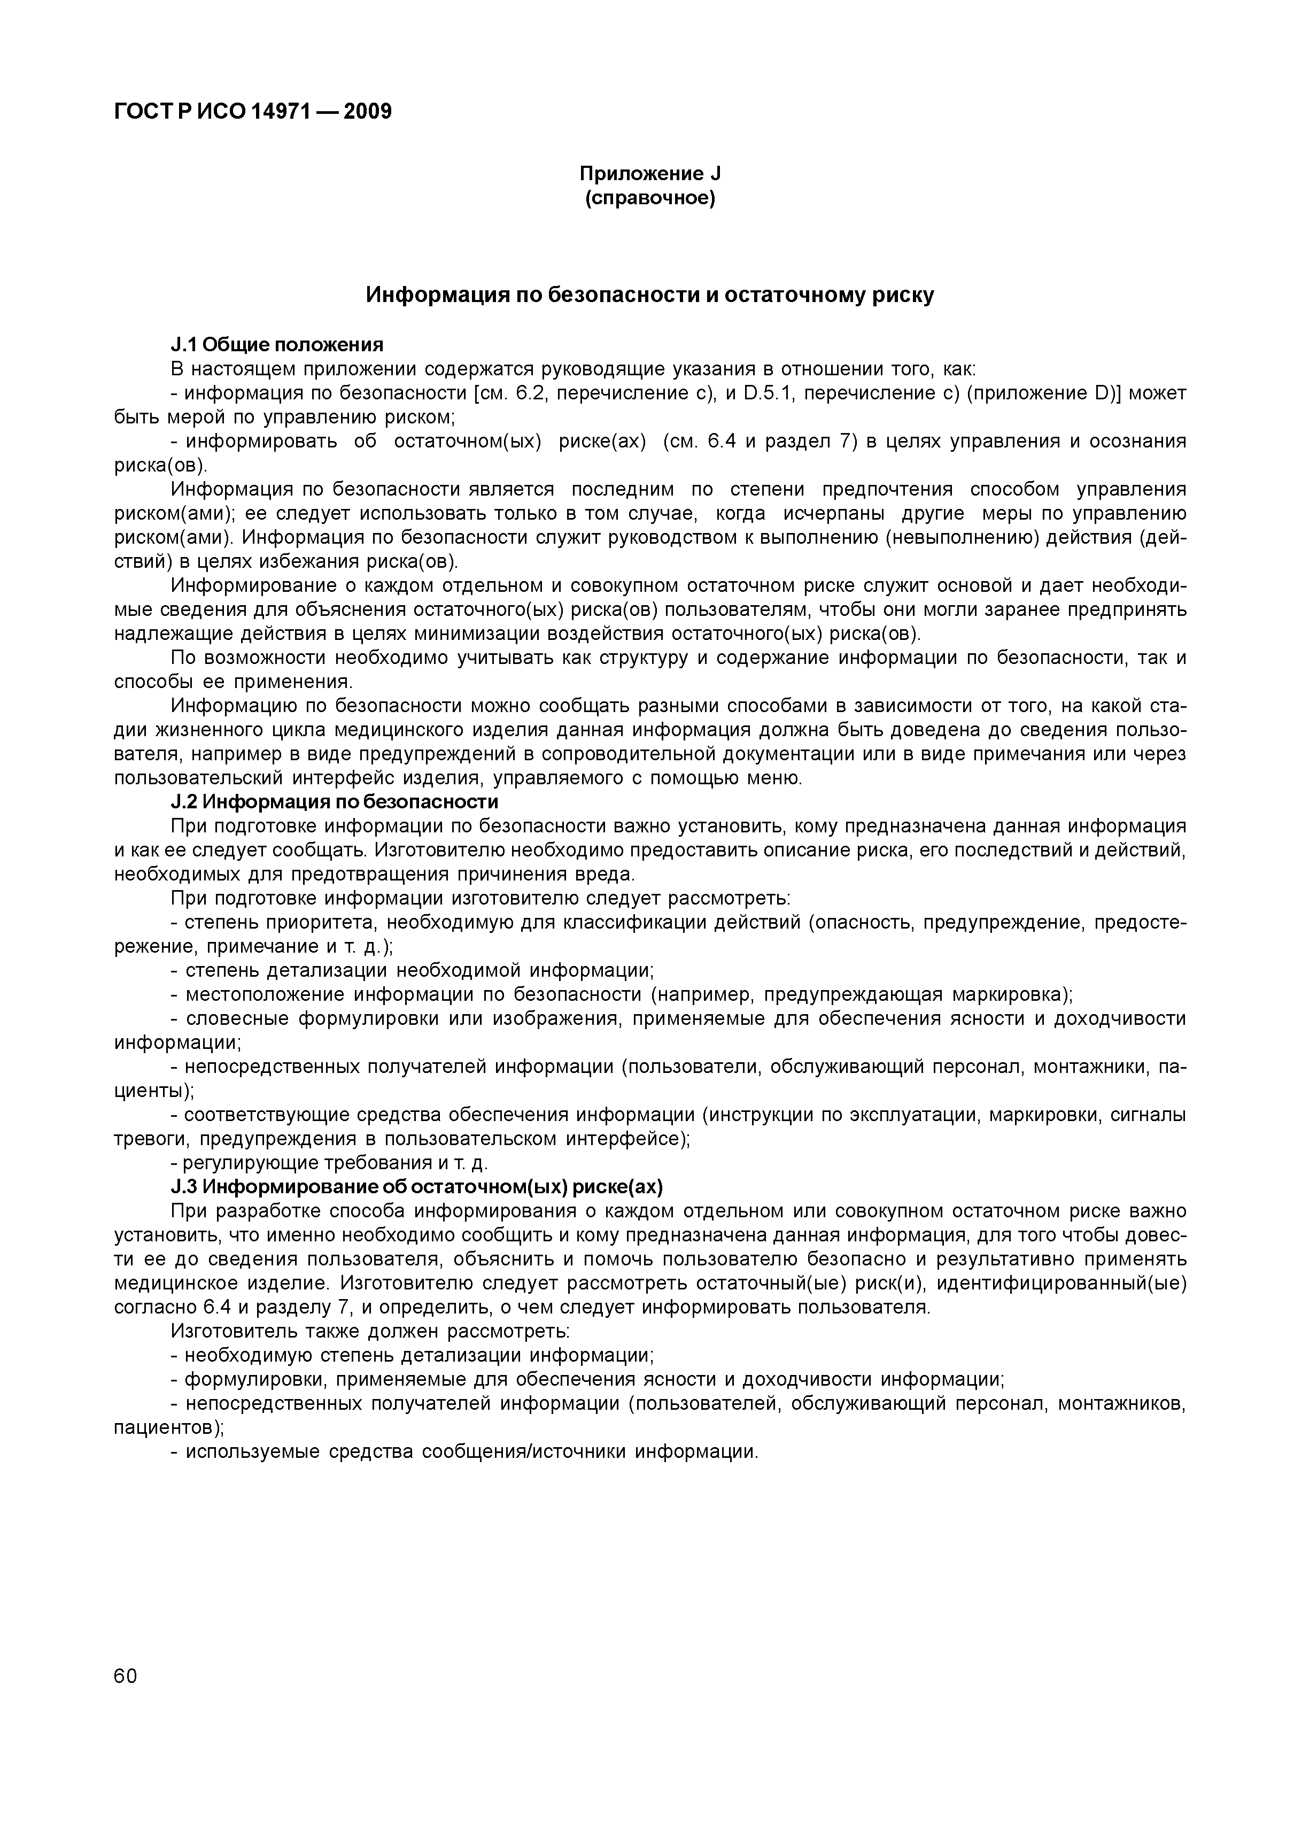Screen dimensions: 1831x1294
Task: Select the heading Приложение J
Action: point(650,174)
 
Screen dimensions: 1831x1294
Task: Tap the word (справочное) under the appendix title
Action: point(650,198)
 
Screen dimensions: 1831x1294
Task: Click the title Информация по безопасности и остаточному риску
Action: point(650,295)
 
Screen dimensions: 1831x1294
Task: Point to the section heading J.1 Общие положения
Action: point(277,344)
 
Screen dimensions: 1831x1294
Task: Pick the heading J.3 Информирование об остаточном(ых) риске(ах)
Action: point(417,1187)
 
